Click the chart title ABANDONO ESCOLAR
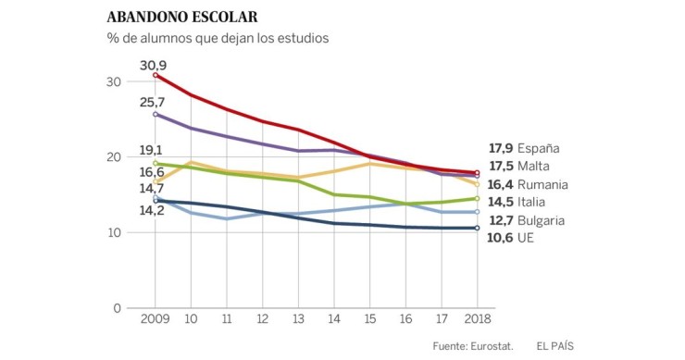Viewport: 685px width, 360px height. [182, 18]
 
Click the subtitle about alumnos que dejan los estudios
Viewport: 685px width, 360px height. [218, 39]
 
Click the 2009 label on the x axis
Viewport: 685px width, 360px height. [155, 319]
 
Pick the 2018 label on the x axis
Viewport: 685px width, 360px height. [476, 319]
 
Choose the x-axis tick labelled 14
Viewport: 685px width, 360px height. [333, 319]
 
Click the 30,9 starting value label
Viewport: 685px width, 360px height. [153, 65]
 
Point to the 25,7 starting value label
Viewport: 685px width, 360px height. [153, 101]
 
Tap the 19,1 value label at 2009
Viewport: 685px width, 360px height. [152, 150]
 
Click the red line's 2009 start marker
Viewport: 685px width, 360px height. [156, 75]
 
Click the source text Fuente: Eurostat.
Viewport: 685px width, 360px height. [472, 346]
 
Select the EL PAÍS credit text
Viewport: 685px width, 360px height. [554, 346]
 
